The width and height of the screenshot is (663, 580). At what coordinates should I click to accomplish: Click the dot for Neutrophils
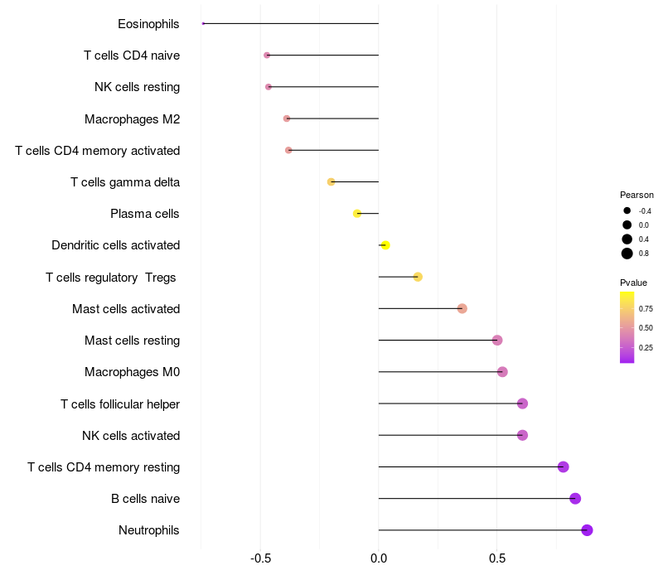click(x=587, y=530)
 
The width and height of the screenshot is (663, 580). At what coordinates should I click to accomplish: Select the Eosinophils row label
click(x=148, y=24)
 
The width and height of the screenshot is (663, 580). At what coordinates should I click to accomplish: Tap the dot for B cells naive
click(x=575, y=499)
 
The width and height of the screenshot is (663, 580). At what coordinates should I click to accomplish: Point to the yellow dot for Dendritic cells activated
click(x=385, y=245)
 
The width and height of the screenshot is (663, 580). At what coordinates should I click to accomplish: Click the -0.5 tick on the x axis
click(x=260, y=558)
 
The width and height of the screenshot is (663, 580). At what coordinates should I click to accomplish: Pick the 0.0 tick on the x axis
click(x=379, y=558)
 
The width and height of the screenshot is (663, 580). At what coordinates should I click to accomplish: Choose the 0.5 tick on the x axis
click(x=497, y=558)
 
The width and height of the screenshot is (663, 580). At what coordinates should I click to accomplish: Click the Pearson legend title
click(x=636, y=195)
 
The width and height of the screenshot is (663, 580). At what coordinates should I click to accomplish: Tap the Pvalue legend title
click(x=633, y=283)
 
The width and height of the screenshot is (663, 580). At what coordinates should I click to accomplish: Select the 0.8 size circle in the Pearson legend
click(x=627, y=254)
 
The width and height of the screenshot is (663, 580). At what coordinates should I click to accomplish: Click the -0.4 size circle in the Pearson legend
click(x=627, y=210)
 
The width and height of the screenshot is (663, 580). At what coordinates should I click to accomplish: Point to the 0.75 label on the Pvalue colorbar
click(x=646, y=309)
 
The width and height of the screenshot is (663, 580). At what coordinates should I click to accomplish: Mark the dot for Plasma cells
click(x=357, y=214)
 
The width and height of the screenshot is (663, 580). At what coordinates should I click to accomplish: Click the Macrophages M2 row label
click(x=132, y=119)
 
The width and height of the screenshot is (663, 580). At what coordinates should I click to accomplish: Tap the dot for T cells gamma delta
click(x=331, y=181)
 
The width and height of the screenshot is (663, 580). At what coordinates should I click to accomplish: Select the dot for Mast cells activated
click(x=462, y=309)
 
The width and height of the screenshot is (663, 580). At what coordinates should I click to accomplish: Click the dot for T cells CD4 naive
click(x=267, y=56)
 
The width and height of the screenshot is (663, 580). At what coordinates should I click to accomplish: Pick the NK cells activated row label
click(x=131, y=436)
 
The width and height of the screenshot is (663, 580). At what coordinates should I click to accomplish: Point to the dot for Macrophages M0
click(x=502, y=372)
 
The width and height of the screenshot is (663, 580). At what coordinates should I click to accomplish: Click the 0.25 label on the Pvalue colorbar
click(x=646, y=348)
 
